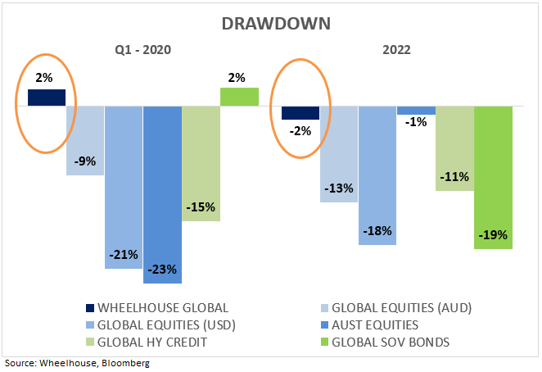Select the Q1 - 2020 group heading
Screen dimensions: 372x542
pyautogui.click(x=143, y=50)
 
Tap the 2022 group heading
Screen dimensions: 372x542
pyautogui.click(x=396, y=50)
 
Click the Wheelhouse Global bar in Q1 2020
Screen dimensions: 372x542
pyautogui.click(x=47, y=98)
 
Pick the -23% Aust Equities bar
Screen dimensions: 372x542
pyautogui.click(x=162, y=194)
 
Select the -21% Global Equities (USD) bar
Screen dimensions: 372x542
pyautogui.click(x=124, y=187)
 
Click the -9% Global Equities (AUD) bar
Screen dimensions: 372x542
pyautogui.click(x=85, y=140)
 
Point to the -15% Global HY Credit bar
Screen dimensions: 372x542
pyautogui.click(x=201, y=163)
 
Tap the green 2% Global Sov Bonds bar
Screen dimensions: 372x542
pyautogui.click(x=239, y=97)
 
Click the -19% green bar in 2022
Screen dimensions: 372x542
pyautogui.click(x=493, y=177)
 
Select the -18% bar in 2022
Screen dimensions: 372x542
pyautogui.click(x=377, y=175)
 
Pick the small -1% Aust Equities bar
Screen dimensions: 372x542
pyautogui.click(x=416, y=110)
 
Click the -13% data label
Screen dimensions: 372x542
pyautogui.click(x=339, y=188)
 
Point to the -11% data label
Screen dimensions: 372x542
pyautogui.click(x=454, y=176)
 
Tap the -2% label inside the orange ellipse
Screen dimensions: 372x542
pyautogui.click(x=300, y=129)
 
